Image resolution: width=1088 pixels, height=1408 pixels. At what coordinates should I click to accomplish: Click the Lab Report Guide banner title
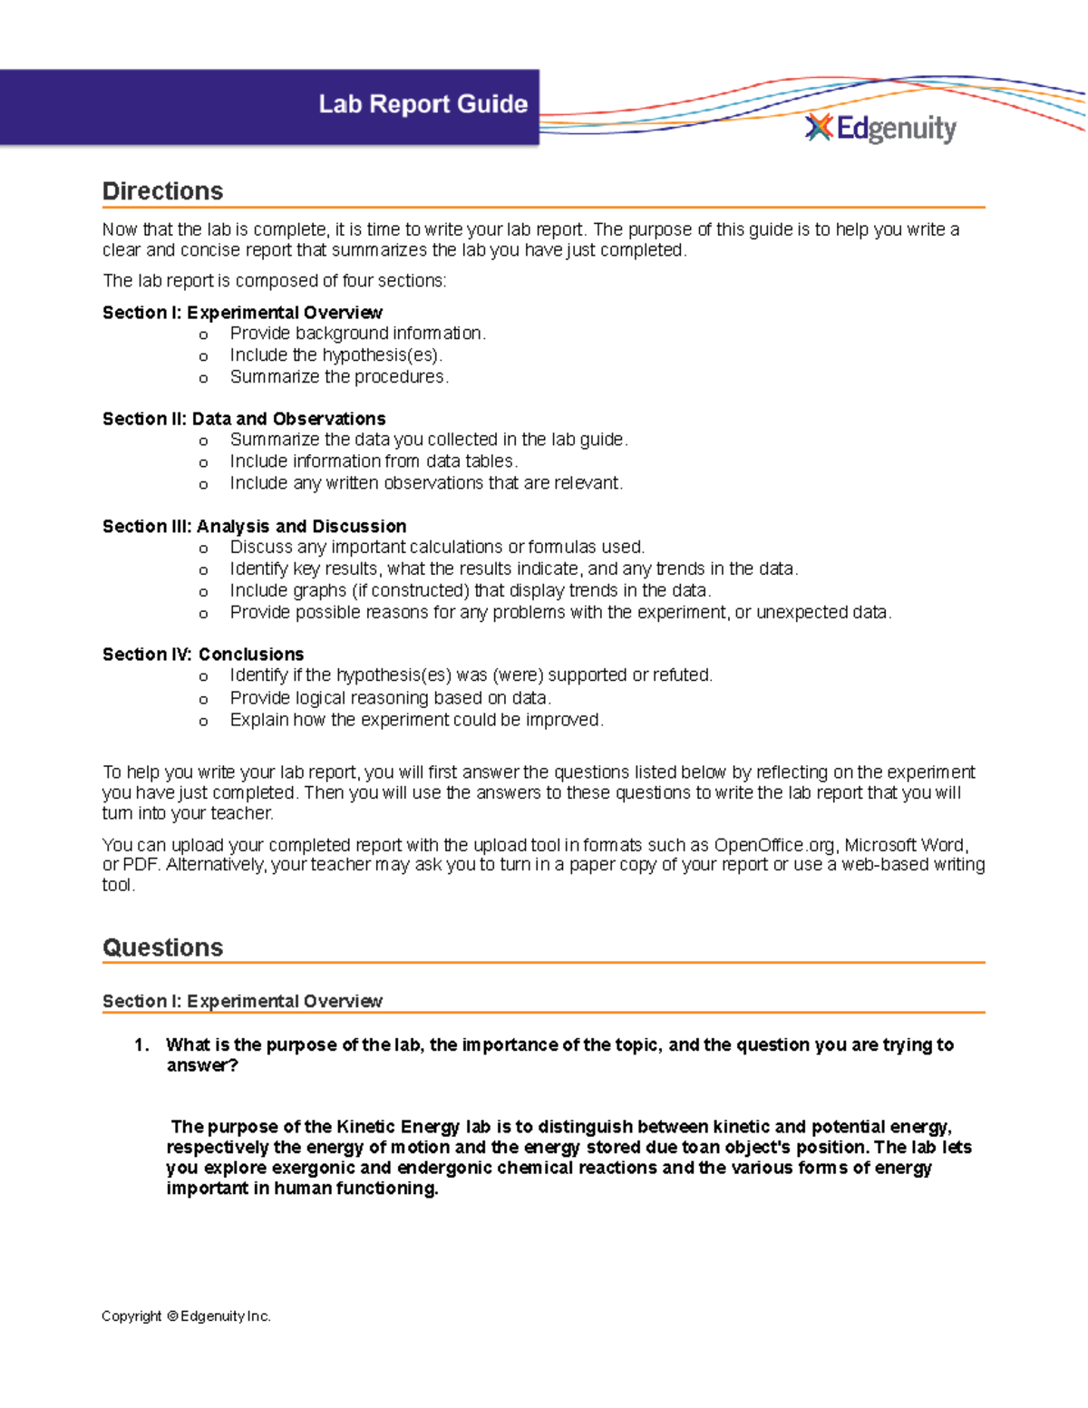[423, 104]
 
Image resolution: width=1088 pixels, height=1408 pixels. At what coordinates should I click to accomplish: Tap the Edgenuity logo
[880, 129]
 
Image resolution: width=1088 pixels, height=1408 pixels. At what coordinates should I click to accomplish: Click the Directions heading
[162, 191]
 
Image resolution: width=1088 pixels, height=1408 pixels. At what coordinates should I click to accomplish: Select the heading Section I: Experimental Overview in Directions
[242, 313]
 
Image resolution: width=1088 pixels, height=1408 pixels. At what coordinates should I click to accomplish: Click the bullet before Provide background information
[203, 335]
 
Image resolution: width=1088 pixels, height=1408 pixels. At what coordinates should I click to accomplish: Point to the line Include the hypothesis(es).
[335, 355]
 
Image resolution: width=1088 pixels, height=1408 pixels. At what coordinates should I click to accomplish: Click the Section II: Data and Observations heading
[244, 419]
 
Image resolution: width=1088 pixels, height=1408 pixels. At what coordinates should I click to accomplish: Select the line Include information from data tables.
[374, 461]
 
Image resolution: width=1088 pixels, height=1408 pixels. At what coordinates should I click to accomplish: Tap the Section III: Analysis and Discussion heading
[254, 527]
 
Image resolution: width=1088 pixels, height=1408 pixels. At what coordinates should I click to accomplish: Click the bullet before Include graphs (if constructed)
[203, 592]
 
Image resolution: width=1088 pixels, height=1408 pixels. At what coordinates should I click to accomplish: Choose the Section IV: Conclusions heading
[203, 655]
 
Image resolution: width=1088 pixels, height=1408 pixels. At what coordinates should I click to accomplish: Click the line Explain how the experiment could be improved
[416, 720]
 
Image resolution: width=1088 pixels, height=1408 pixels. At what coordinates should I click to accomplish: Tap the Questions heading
[162, 948]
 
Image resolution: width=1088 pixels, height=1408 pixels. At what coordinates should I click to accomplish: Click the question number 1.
[141, 1045]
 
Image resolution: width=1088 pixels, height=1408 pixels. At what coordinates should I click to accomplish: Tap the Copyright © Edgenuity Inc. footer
[186, 1316]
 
